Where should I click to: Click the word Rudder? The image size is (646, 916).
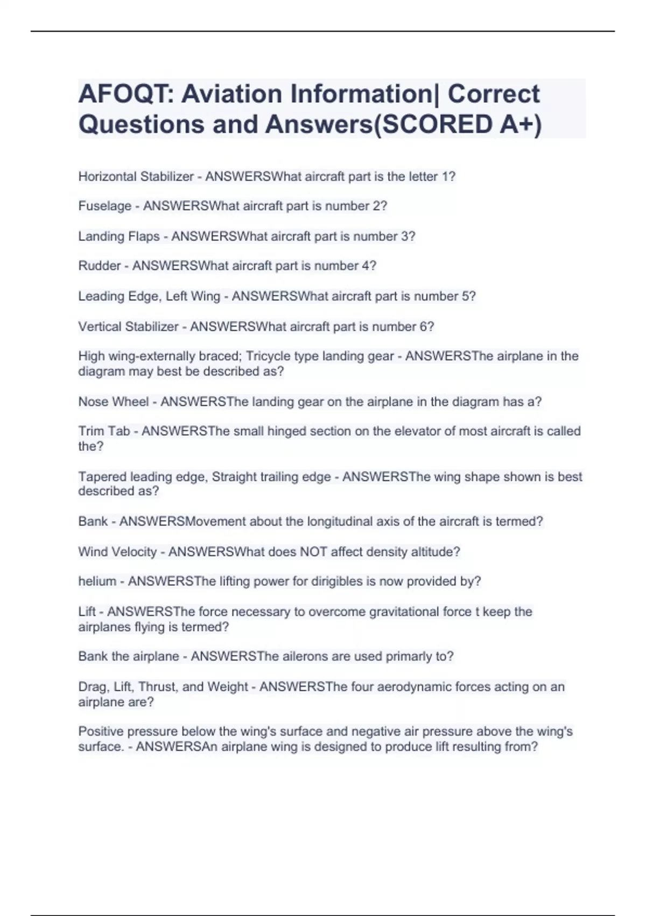[x=100, y=266]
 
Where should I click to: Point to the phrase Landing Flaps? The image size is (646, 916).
[x=119, y=237]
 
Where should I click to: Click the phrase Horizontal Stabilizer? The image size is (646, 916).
[x=136, y=177]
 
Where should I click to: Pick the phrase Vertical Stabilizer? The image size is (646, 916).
[x=128, y=327]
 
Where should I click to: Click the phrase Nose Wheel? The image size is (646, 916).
[x=114, y=402]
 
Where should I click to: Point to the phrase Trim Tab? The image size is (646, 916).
[x=104, y=432]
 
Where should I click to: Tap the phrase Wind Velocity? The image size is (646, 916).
[x=117, y=552]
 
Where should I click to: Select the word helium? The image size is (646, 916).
[x=97, y=581]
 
